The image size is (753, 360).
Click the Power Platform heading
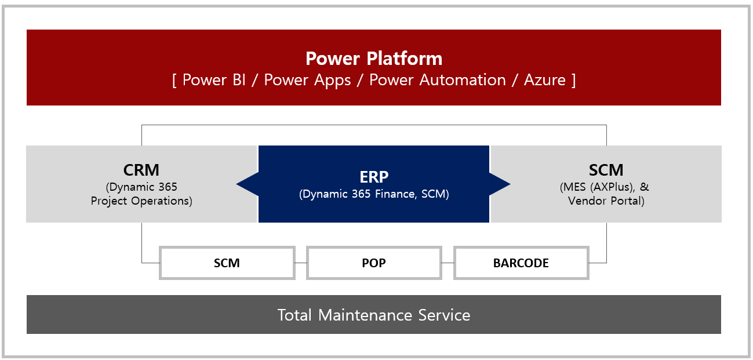coord(374,59)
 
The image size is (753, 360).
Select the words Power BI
coord(214,80)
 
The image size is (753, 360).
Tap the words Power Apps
coord(307,81)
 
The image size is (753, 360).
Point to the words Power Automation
coord(437,80)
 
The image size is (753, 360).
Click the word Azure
coord(544,80)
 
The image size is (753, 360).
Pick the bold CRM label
coord(141,170)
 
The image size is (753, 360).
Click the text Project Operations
coord(141,201)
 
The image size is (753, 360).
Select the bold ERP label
coord(374,177)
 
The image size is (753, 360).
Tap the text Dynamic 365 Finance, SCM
coord(374,194)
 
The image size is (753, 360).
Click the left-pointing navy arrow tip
coord(237,184)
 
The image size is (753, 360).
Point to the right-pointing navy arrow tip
coord(510,184)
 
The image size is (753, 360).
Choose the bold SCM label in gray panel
coord(606,170)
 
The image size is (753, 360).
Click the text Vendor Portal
coord(606,201)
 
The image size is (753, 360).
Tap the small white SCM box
coord(227,263)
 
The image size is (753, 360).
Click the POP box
coord(374,263)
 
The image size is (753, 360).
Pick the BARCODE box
coord(521,263)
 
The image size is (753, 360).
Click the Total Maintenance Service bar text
coord(374,315)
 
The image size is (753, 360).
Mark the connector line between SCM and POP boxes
coord(301,263)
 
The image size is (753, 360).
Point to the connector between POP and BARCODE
coord(448,263)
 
